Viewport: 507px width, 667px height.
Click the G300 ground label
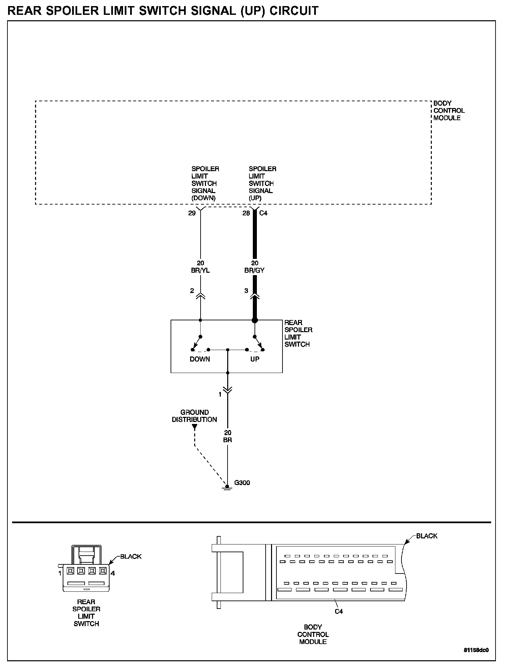pos(242,483)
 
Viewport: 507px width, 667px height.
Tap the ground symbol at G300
pos(228,487)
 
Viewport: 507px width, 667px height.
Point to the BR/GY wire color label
pos(255,270)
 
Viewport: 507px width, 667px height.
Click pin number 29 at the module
pos(192,213)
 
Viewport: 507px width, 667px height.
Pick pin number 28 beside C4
pos(246,213)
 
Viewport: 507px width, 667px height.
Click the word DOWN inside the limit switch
pos(200,359)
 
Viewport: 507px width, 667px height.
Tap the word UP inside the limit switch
pos(255,359)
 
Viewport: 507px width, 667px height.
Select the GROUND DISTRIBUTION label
pos(195,416)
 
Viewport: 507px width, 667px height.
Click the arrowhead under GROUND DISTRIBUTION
pos(195,427)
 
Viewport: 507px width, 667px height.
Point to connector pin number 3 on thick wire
pos(246,291)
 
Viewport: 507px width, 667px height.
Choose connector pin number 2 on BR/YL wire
pos(192,291)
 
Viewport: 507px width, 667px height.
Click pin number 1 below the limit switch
pos(220,394)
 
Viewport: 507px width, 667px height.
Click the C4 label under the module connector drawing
pos(339,611)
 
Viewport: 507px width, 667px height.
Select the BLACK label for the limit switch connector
pos(131,557)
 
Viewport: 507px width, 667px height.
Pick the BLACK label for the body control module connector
pos(427,536)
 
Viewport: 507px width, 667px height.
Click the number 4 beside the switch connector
pos(113,573)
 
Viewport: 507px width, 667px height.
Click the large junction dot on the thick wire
pos(255,320)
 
